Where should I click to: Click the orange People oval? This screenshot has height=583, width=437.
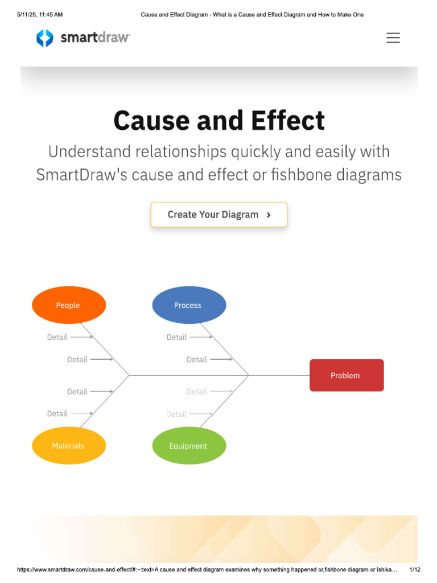68,305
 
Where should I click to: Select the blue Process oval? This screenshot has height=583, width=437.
189,305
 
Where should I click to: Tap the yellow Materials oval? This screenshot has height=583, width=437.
68,446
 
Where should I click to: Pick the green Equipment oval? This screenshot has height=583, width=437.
189,446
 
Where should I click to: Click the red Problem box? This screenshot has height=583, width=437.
346,375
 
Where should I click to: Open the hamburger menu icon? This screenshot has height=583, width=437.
393,38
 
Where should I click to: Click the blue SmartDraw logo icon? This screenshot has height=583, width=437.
44,38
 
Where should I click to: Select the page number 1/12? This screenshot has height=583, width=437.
415,569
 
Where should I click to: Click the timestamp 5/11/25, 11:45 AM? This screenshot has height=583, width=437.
40,15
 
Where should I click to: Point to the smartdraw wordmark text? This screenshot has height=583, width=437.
95,38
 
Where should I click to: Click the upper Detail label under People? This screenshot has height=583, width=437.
57,337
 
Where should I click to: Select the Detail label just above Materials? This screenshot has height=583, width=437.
57,413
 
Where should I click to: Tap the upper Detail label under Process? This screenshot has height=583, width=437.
176,337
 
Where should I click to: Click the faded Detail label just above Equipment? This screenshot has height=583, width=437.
176,414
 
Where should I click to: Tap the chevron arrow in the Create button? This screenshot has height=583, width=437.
269,215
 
